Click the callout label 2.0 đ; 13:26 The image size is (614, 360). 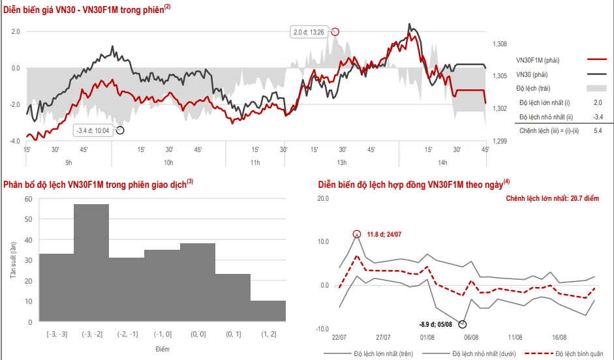point(309,31)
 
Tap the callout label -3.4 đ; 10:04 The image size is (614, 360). point(92,130)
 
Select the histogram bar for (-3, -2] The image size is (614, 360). point(91,263)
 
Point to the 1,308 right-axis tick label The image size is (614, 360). point(500,44)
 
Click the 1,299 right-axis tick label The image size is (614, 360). point(500,141)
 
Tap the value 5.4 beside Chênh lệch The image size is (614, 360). point(597,130)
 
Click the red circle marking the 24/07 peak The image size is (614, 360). point(357,234)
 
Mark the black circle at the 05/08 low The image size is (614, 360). point(463,324)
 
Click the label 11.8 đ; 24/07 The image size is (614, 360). point(385,234)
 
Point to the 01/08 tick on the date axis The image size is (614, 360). point(428,337)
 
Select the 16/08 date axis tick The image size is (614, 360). point(559,337)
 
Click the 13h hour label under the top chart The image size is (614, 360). point(341,162)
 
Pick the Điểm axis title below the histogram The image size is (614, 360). point(162,349)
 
